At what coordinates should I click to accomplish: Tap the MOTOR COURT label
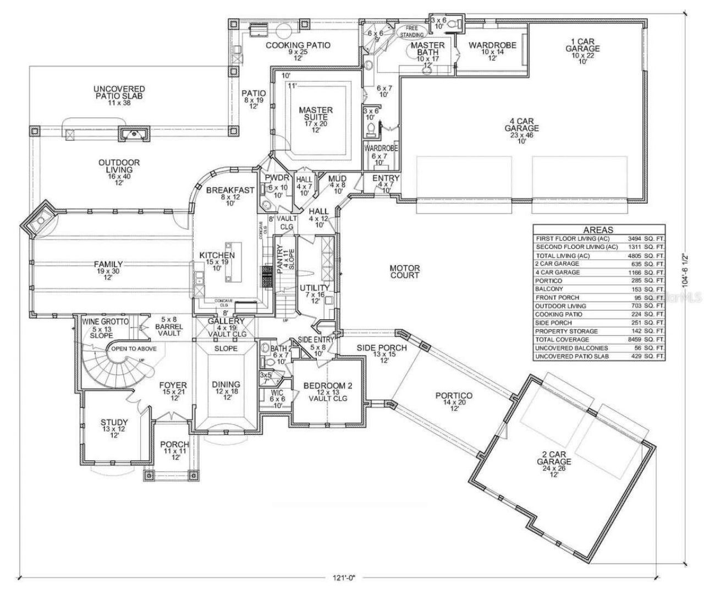point(405,271)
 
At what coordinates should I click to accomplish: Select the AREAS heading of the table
point(599,230)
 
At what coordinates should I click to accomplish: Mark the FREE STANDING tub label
point(412,31)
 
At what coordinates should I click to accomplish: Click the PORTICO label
point(454,395)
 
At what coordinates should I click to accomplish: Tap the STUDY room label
point(114,423)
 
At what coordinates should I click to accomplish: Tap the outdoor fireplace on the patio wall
point(133,134)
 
